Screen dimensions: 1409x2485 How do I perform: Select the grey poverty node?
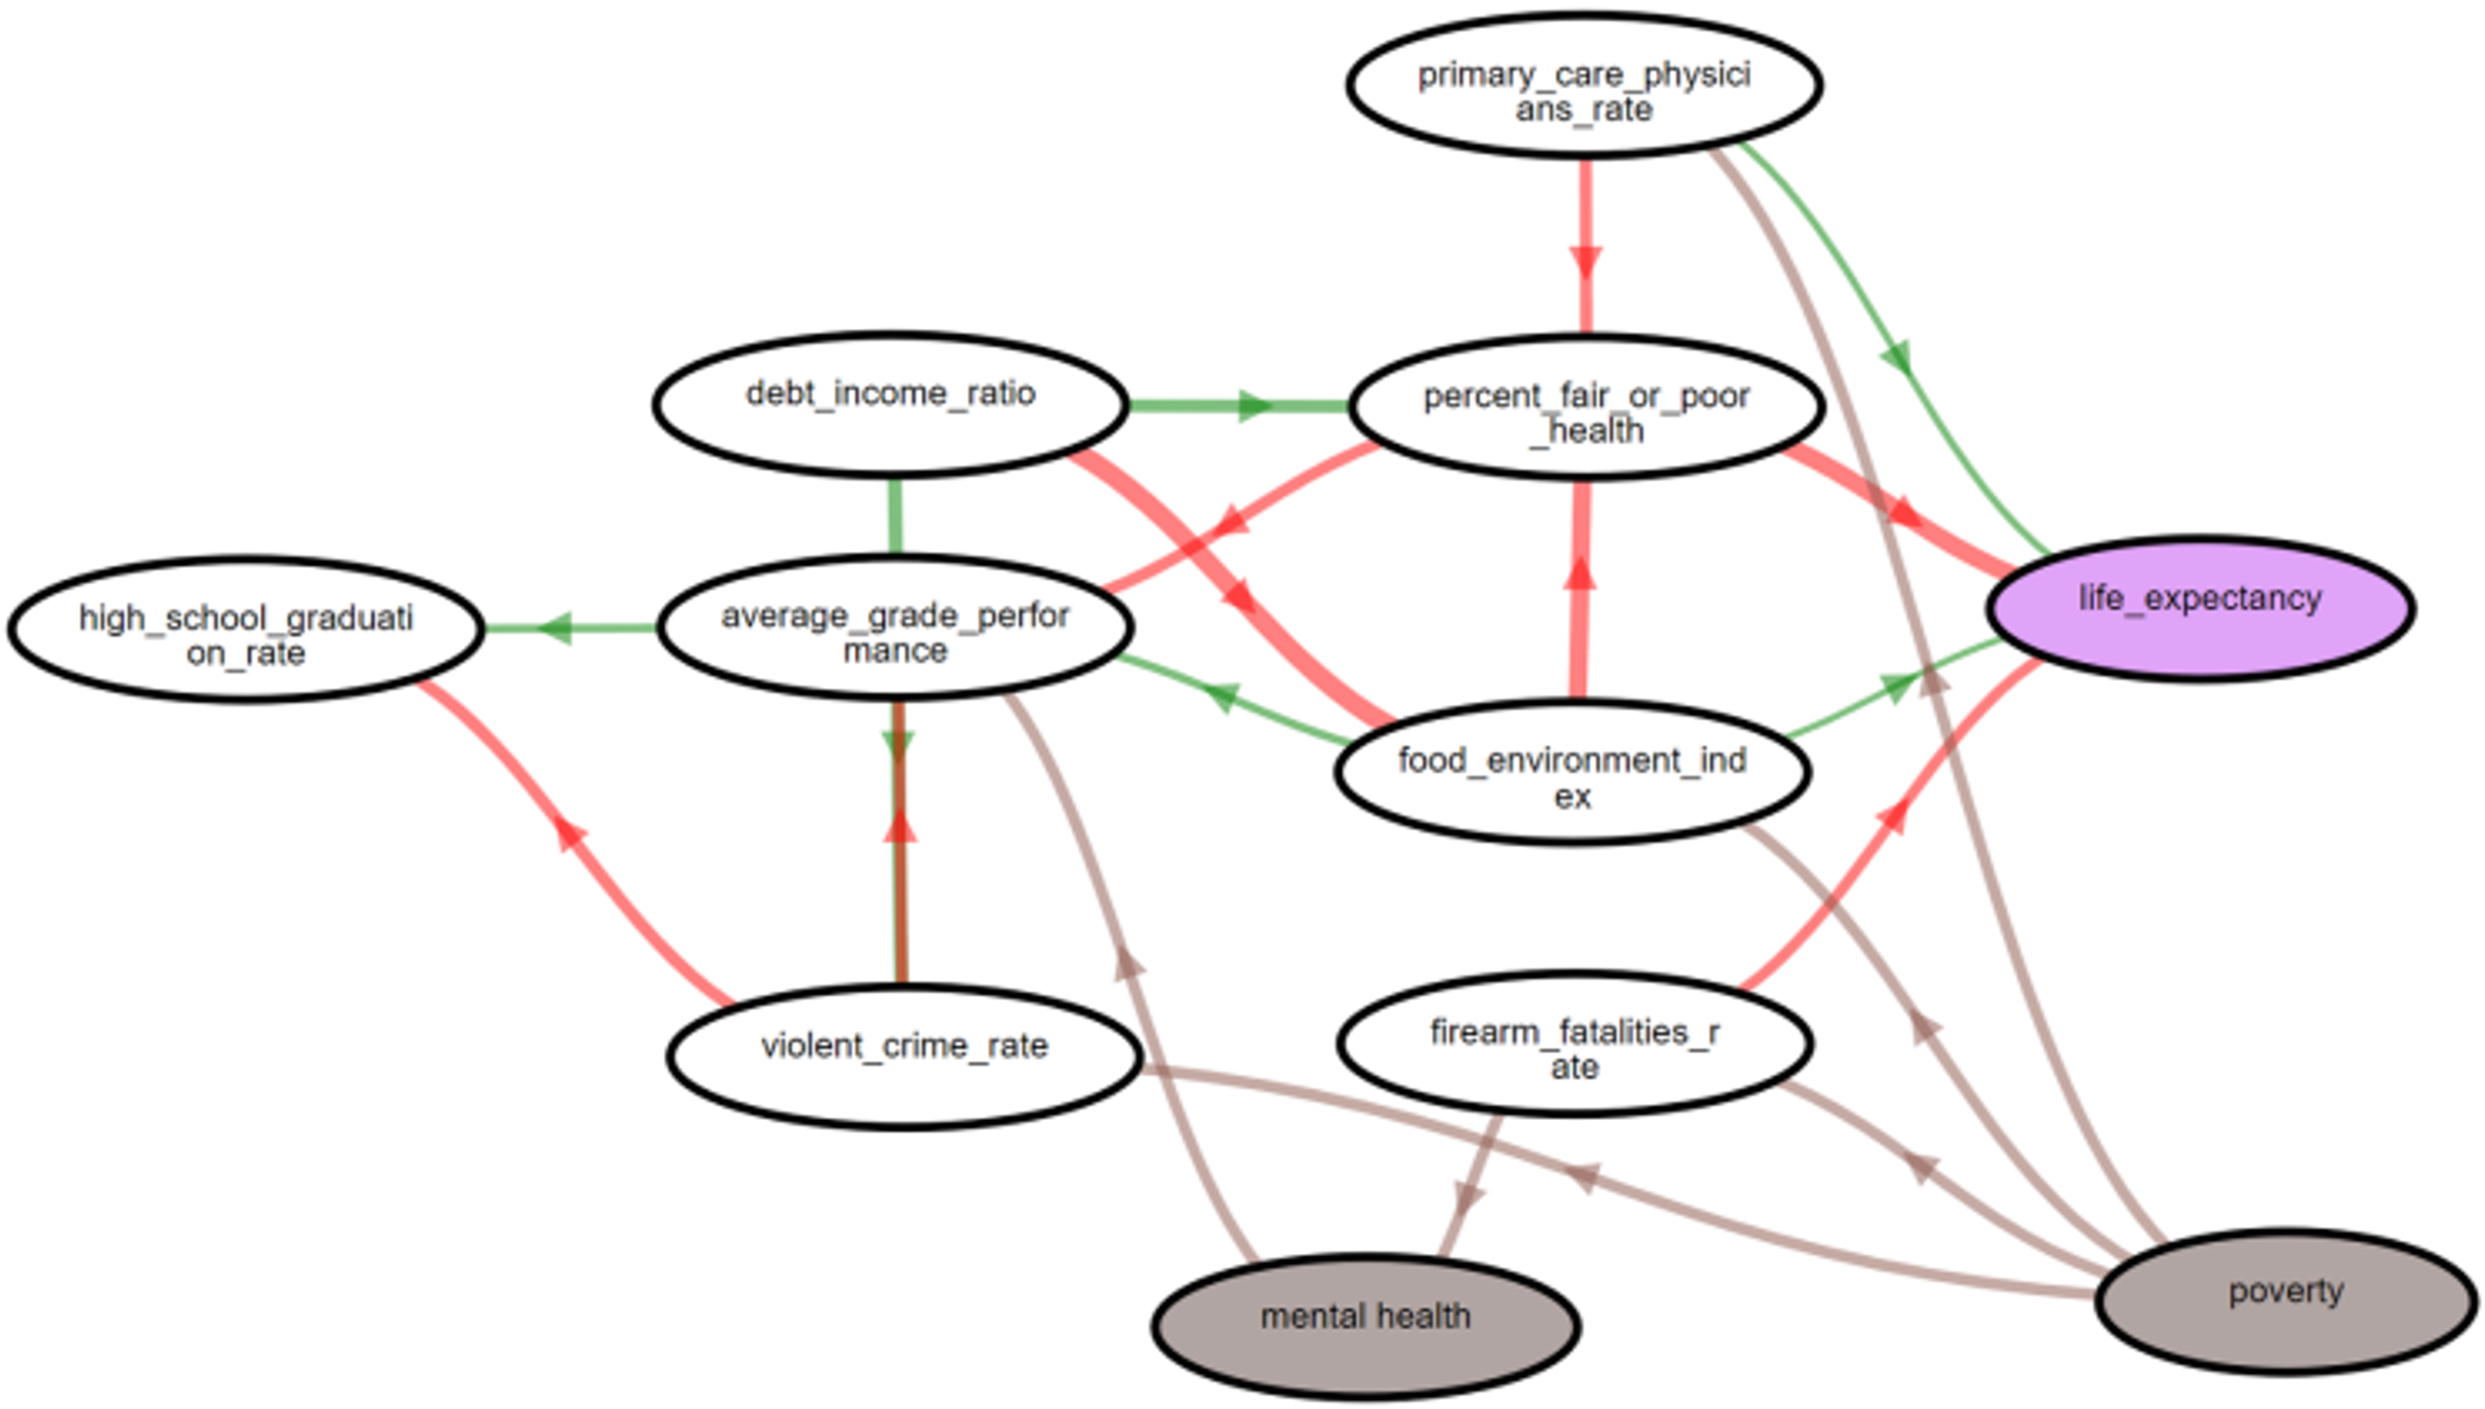[x=2286, y=1301]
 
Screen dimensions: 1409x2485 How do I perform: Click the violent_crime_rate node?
[x=905, y=1056]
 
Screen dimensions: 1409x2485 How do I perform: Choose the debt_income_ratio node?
[x=890, y=404]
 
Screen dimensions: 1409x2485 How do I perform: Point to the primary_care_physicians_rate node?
[x=1584, y=85]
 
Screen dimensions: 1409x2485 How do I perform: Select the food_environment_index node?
[x=1572, y=773]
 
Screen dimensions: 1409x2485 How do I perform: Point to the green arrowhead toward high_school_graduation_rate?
[x=556, y=629]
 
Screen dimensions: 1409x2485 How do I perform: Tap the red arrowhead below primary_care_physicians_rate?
[x=1585, y=261]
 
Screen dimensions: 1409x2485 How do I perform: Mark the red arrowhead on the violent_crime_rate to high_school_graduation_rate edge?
[x=570, y=832]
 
